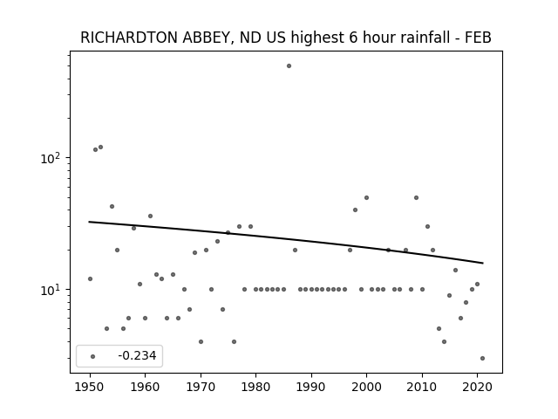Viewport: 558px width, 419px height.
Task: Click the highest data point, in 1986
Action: pyautogui.click(x=289, y=66)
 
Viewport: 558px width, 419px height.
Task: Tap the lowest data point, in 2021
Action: pyautogui.click(x=482, y=359)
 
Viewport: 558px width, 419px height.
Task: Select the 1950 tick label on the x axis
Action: pyautogui.click(x=90, y=387)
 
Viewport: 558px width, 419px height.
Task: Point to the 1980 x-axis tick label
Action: pyautogui.click(x=255, y=387)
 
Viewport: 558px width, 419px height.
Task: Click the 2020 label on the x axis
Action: pyautogui.click(x=477, y=387)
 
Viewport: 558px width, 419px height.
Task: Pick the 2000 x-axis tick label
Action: pyautogui.click(x=366, y=387)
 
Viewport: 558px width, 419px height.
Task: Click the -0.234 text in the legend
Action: pyautogui.click(x=137, y=355)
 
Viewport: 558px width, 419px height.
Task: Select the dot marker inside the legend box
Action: pyautogui.click(x=93, y=356)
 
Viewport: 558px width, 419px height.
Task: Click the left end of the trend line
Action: pyautogui.click(x=89, y=222)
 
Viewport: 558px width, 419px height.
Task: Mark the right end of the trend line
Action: pyautogui.click(x=483, y=264)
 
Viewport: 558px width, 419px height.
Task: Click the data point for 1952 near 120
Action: pyautogui.click(x=101, y=148)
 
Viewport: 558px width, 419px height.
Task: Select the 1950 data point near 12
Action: pyautogui.click(x=90, y=279)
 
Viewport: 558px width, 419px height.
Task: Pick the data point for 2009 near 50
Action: pyautogui.click(x=417, y=198)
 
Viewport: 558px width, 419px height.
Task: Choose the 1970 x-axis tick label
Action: pyautogui.click(x=201, y=387)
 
